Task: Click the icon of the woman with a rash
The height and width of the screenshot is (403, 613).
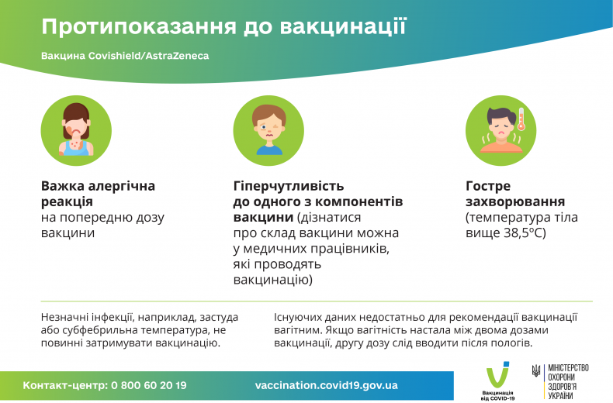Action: click(76, 128)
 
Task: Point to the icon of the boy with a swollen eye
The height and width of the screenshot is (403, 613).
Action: click(268, 128)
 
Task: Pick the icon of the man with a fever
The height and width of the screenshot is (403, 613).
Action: click(500, 128)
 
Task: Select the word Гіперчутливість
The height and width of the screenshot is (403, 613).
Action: click(288, 186)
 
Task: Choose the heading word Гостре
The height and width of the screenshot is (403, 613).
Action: click(488, 186)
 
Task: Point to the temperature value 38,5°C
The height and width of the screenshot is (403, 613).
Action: click(524, 232)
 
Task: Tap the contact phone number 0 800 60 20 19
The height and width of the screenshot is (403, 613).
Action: click(148, 385)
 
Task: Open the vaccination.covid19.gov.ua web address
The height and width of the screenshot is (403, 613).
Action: click(326, 385)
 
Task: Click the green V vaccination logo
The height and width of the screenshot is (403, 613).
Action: click(497, 377)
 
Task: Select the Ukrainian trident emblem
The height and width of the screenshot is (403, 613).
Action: click(536, 372)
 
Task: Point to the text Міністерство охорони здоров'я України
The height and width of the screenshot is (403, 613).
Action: click(569, 381)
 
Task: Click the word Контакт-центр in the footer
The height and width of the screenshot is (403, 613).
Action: click(64, 385)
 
